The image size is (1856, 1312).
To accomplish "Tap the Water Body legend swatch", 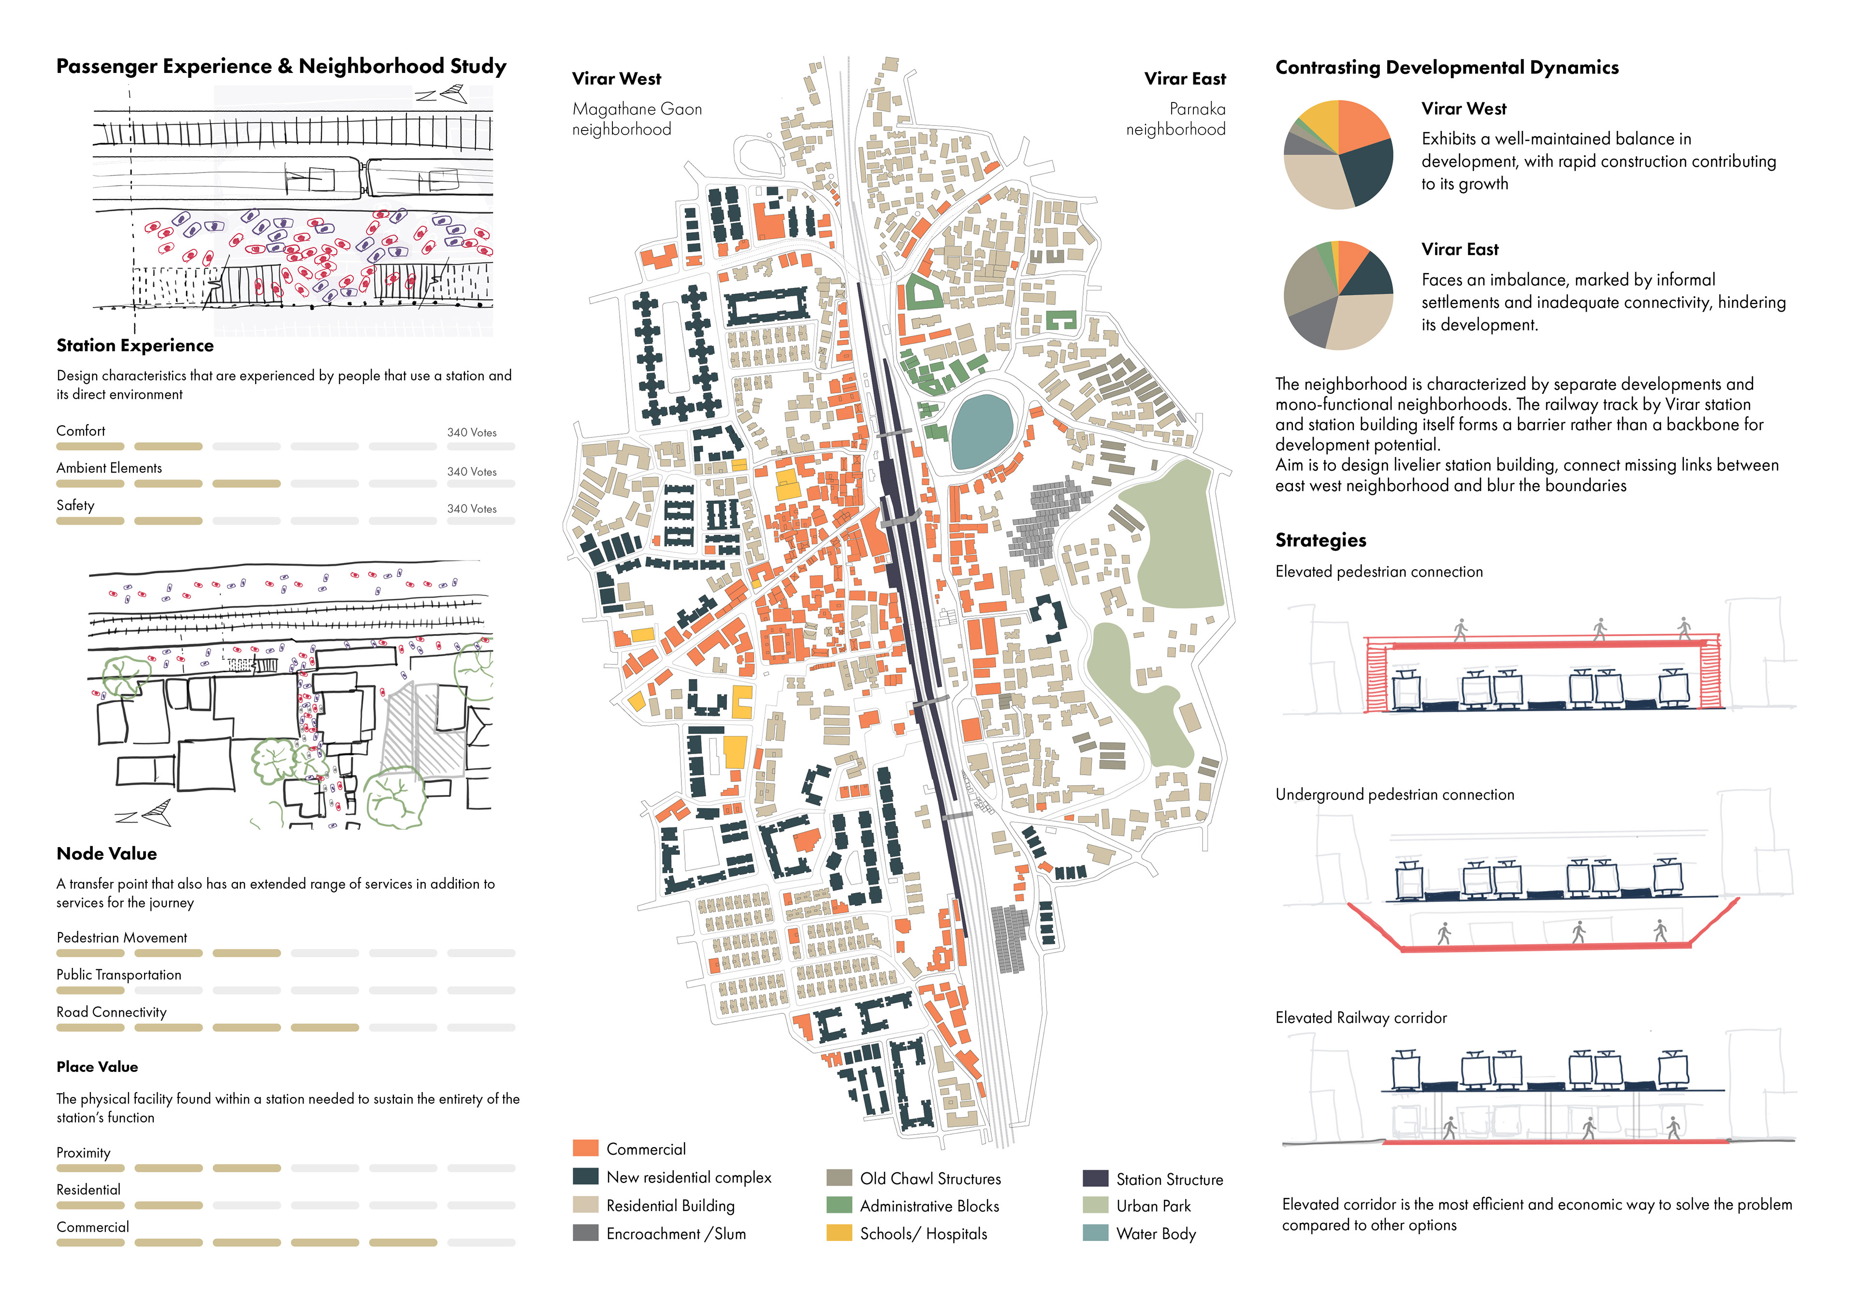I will (x=1095, y=1233).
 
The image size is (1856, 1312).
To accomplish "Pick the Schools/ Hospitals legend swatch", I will (x=839, y=1233).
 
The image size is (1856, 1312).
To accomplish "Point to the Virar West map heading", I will (x=616, y=78).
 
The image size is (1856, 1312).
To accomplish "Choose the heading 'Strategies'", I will (x=1320, y=540).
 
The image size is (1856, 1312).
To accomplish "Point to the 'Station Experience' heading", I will (x=135, y=346).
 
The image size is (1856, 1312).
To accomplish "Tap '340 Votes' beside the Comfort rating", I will (x=472, y=433).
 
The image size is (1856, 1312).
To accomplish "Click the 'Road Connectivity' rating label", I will (x=112, y=1012).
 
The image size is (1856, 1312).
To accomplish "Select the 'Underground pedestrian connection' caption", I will (x=1394, y=794).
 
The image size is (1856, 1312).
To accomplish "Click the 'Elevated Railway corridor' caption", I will (x=1361, y=1018).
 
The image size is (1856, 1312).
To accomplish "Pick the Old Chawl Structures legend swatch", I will (x=839, y=1178).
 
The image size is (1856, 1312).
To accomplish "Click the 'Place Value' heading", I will (x=97, y=1067).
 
